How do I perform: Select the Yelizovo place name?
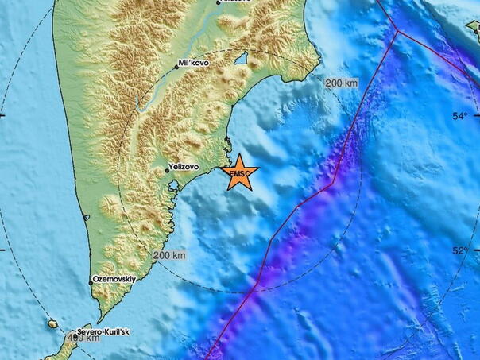pyautogui.click(x=184, y=168)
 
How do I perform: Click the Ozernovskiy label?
pyautogui.click(x=115, y=281)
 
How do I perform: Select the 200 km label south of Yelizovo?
pyautogui.click(x=169, y=255)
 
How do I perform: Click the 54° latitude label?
pyautogui.click(x=459, y=117)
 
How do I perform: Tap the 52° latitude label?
pyautogui.click(x=459, y=251)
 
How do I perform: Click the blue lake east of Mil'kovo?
pyautogui.click(x=241, y=58)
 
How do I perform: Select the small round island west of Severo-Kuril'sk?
pyautogui.click(x=52, y=324)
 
